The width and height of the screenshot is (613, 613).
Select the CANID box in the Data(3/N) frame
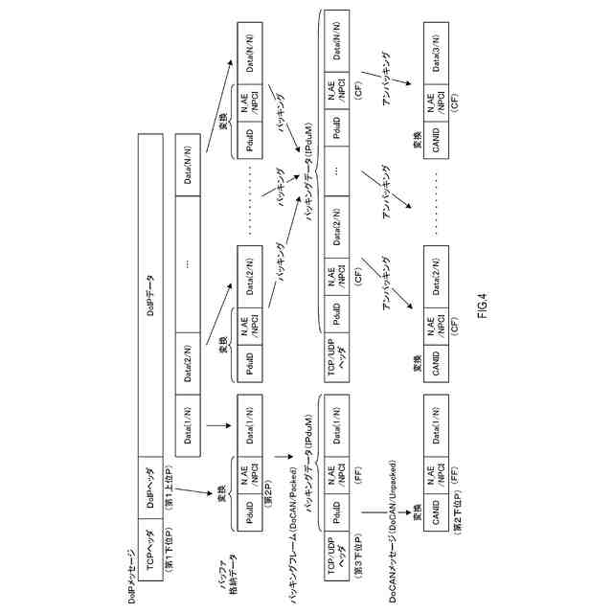435,134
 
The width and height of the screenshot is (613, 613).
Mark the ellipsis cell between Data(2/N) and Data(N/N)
188,264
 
